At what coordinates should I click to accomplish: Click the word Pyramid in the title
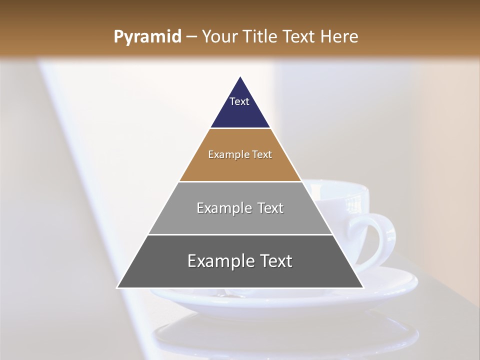coord(147,37)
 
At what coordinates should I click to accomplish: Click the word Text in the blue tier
coord(239,101)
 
